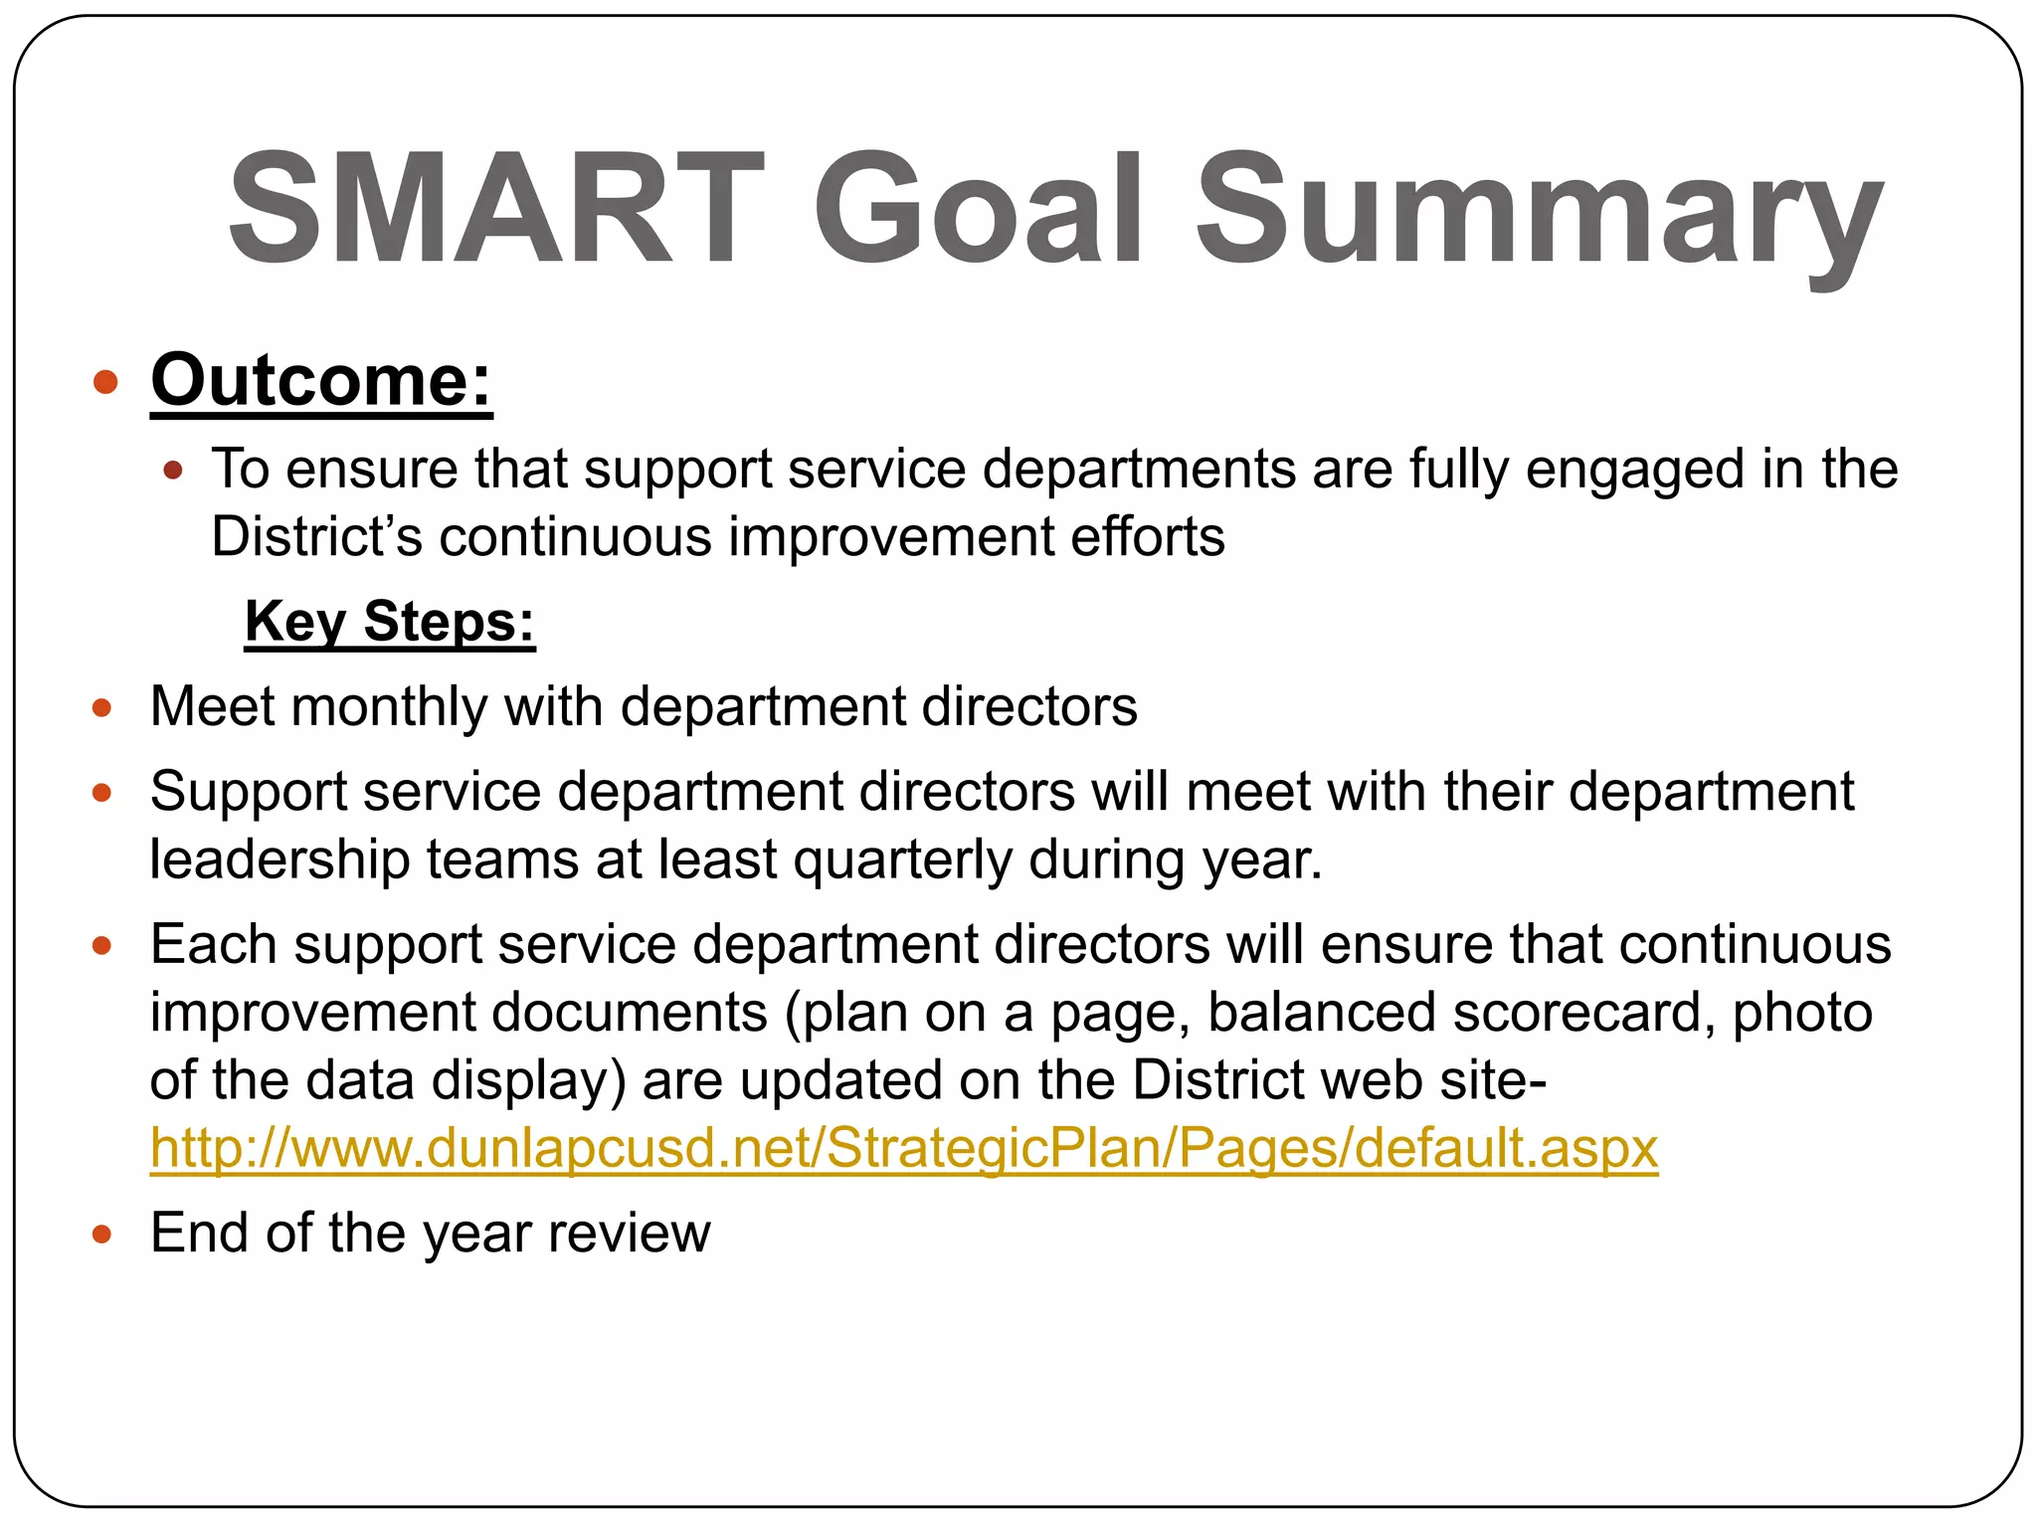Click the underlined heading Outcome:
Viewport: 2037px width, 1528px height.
point(321,381)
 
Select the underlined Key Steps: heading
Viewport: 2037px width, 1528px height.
point(390,622)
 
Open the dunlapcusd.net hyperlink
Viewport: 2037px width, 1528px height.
point(903,1149)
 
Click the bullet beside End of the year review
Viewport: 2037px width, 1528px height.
point(101,1235)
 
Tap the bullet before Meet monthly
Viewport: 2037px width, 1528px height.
point(101,708)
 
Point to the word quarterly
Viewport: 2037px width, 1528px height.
point(903,860)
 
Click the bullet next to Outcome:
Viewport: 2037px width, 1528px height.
point(105,382)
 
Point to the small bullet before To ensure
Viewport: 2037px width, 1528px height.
point(173,471)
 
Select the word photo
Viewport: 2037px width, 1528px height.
point(1802,1013)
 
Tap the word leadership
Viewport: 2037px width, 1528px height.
point(279,860)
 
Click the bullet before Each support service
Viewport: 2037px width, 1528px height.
point(101,945)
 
